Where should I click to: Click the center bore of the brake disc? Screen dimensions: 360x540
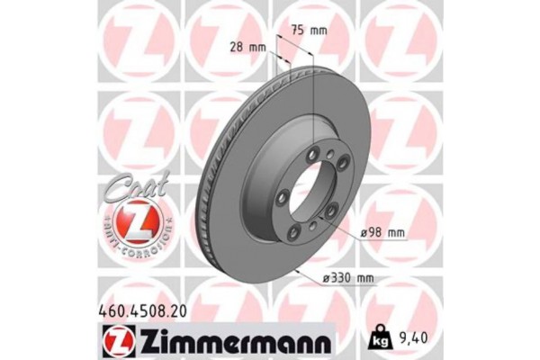pos(309,191)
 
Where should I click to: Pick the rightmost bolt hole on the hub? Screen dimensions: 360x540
pos(336,211)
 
